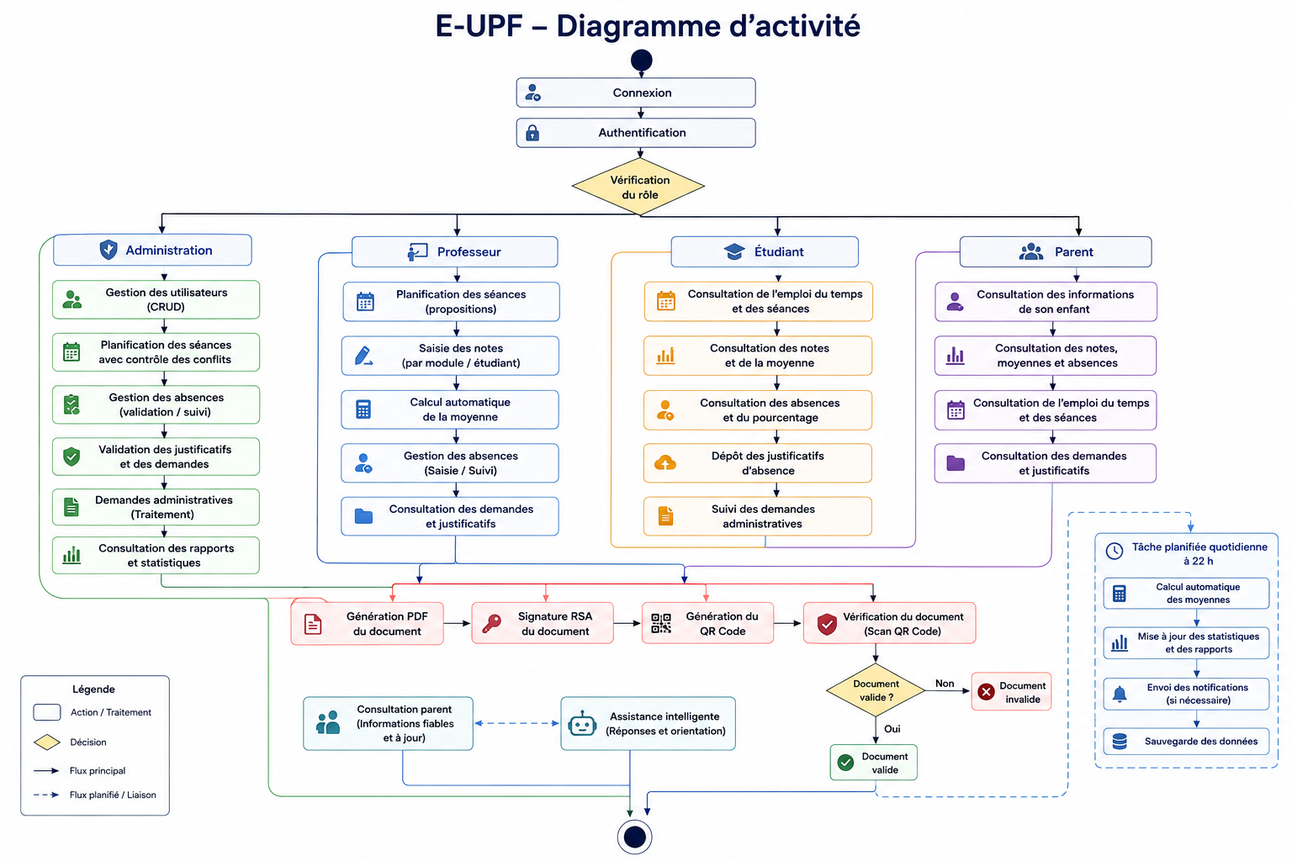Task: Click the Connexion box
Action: point(636,92)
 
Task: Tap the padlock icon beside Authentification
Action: point(532,133)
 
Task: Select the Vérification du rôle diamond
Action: point(638,187)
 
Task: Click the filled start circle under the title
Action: point(642,60)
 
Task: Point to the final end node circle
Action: point(634,837)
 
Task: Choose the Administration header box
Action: point(152,250)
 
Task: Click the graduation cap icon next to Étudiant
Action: point(734,251)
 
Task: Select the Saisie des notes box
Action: point(450,356)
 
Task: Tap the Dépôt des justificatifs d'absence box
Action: point(757,463)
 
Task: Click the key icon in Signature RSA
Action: point(491,624)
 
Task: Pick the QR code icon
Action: point(661,623)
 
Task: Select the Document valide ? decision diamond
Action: point(876,690)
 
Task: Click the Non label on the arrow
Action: point(945,684)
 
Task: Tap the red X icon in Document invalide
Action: point(987,691)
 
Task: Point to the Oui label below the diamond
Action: point(892,729)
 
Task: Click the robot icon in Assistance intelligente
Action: point(582,724)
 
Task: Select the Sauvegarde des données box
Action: point(1187,742)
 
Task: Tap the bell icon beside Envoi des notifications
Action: point(1120,695)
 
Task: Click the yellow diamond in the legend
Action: point(47,742)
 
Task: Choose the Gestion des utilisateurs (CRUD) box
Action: point(156,300)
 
